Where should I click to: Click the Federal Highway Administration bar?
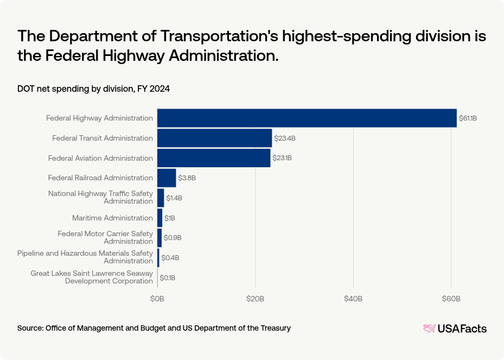[307, 118]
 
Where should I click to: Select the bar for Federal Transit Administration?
[214, 138]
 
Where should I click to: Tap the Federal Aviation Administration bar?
[214, 158]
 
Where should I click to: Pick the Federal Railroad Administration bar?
[167, 178]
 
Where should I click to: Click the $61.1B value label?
[468, 118]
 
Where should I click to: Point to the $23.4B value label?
[285, 138]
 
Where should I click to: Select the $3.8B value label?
[187, 178]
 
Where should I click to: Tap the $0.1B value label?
[167, 277]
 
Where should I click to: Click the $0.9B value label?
[173, 238]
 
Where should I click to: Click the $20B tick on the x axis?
[255, 299]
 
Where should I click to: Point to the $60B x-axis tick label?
[451, 299]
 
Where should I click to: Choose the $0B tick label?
[157, 299]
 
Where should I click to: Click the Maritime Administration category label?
[112, 218]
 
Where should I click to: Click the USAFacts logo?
[455, 328]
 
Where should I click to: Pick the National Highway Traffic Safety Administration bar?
[161, 198]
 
